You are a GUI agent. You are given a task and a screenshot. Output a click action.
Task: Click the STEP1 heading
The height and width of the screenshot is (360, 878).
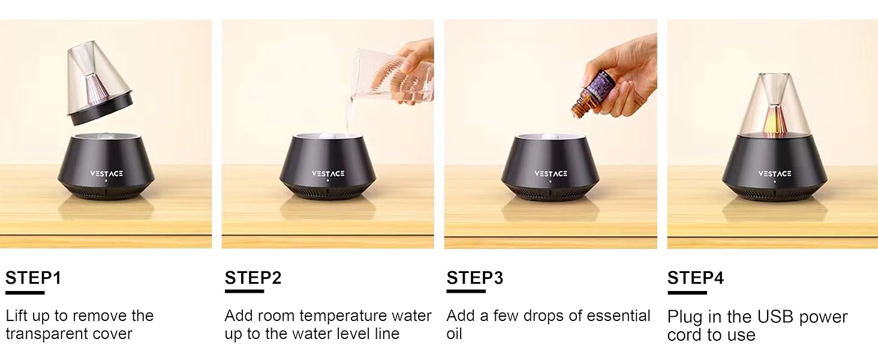34,278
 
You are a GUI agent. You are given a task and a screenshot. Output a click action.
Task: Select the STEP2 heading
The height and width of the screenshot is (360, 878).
253,278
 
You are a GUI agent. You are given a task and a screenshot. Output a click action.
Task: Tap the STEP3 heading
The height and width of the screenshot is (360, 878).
475,278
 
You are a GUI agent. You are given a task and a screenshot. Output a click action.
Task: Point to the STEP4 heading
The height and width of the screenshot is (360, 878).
696,278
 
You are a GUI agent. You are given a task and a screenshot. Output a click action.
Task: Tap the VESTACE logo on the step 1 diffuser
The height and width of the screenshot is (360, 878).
107,173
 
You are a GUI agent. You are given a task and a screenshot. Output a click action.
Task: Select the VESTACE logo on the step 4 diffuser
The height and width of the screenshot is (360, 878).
774,173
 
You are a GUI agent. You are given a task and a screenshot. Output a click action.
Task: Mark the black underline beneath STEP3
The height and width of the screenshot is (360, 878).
466,292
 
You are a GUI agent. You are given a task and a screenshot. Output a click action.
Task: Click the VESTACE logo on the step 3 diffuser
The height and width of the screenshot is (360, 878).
551,173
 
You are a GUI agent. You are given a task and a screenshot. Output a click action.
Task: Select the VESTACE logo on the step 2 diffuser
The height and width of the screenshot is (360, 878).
328,173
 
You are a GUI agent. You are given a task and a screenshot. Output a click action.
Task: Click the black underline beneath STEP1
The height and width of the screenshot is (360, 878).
25,292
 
